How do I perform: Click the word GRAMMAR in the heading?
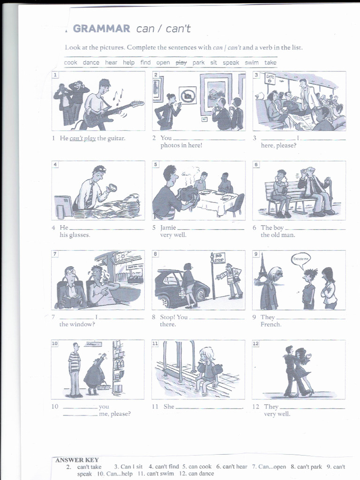coord(102,29)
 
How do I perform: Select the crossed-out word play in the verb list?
coord(181,62)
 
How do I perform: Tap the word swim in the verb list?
coord(252,62)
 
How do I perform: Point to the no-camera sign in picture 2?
coord(187,95)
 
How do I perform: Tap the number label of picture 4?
coord(55,165)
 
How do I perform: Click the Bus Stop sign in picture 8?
coord(219,258)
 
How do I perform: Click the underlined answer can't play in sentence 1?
coord(82,138)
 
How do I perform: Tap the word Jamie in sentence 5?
coord(168,228)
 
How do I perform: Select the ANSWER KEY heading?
coord(77,460)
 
